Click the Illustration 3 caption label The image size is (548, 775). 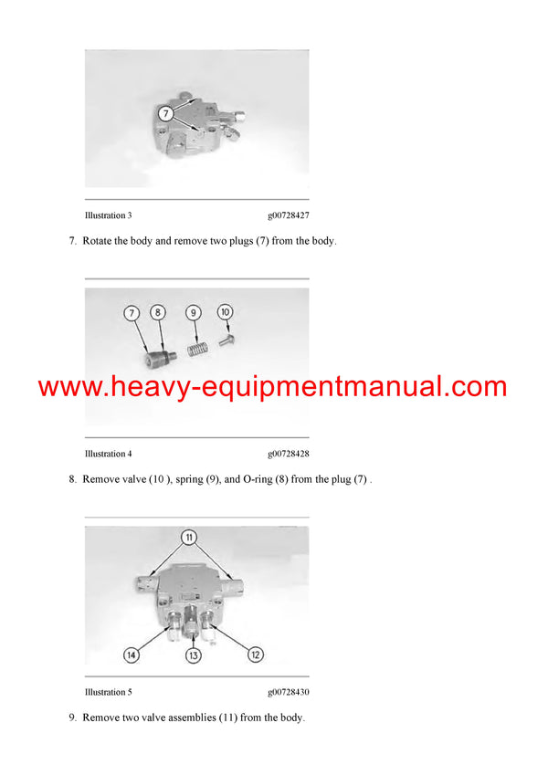[x=108, y=215]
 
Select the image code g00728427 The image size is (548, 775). [x=288, y=215]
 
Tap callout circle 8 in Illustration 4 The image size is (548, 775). [x=158, y=313]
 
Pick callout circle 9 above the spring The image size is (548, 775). [x=193, y=313]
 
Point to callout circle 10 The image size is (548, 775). [x=225, y=312]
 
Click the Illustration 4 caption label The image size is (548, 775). [x=108, y=454]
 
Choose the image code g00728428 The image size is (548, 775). [x=288, y=454]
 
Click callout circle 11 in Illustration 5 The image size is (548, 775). [x=189, y=537]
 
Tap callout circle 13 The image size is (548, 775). [x=194, y=655]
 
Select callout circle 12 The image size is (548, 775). [x=255, y=654]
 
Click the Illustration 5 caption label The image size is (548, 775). [x=108, y=692]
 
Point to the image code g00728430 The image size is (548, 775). [x=288, y=692]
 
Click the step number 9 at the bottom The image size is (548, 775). [x=71, y=717]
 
